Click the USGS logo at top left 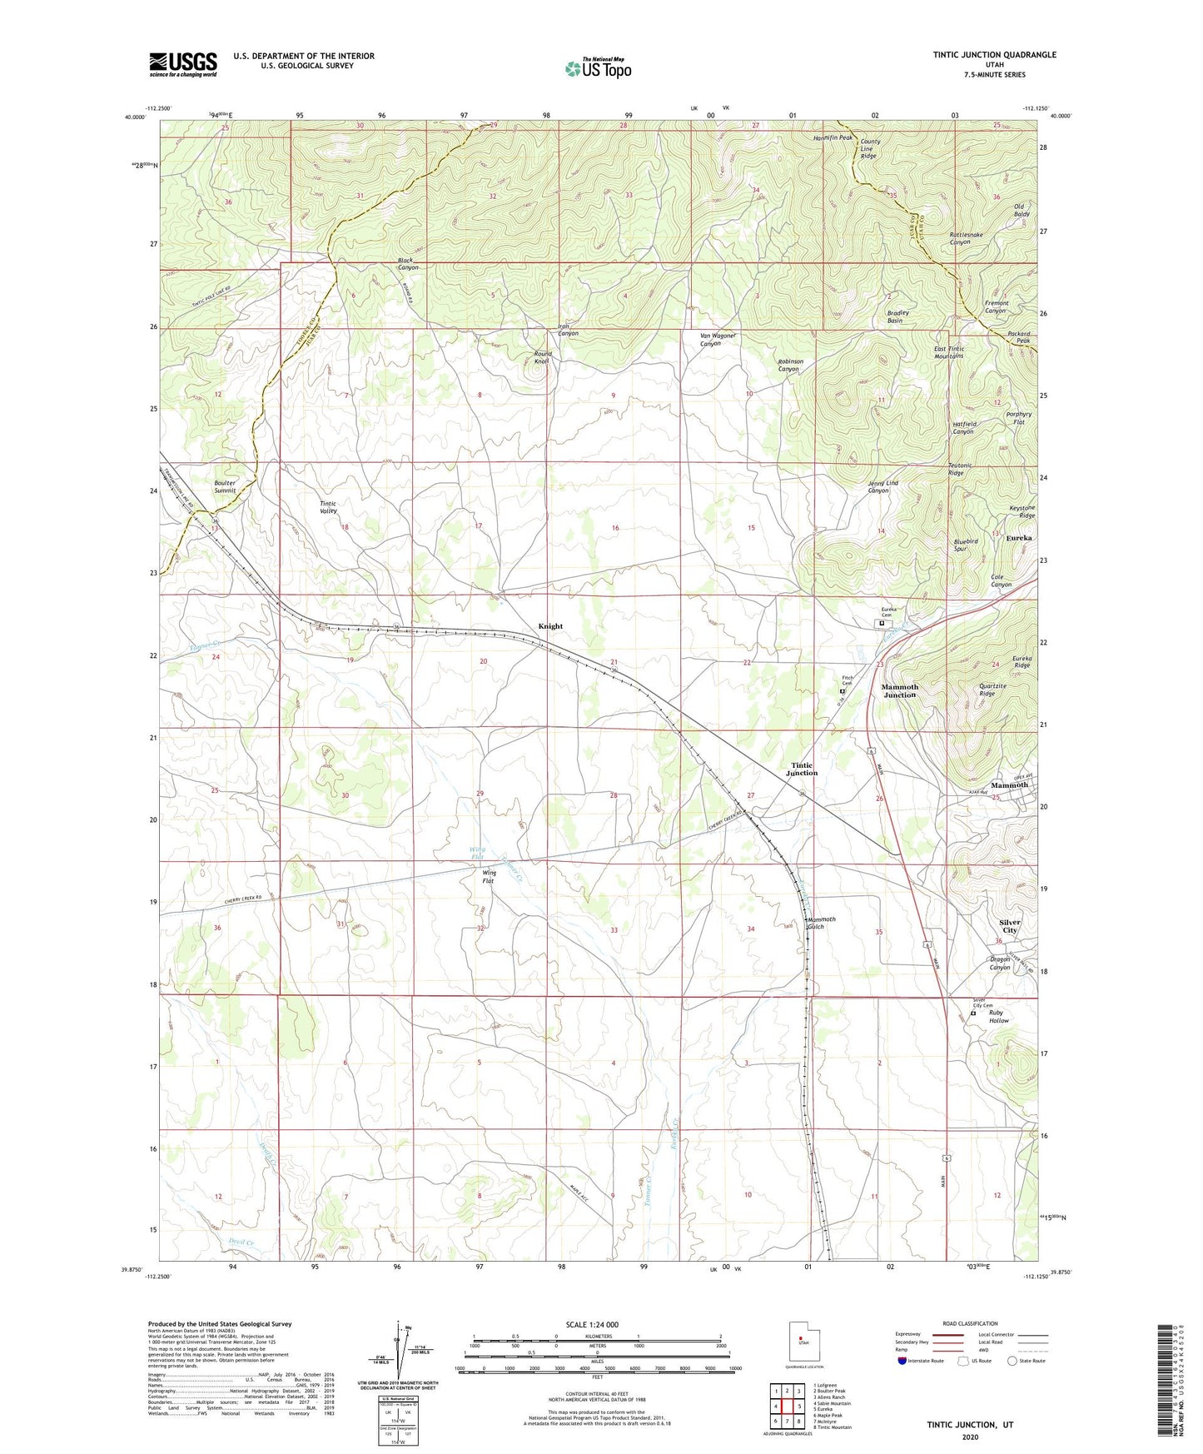tap(182, 64)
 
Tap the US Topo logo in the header tap(598, 67)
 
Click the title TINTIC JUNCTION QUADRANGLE tap(994, 55)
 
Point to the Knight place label tap(550, 626)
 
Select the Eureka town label tap(1019, 538)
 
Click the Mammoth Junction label tap(899, 691)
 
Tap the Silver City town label tap(1010, 927)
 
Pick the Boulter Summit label tap(225, 486)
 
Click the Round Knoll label tap(543, 358)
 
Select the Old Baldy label tap(1021, 210)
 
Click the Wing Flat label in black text tap(490, 876)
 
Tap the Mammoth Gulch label tap(821, 923)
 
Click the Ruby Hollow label tap(998, 1017)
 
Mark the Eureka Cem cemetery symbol tap(882, 622)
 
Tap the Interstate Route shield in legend tap(904, 1360)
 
